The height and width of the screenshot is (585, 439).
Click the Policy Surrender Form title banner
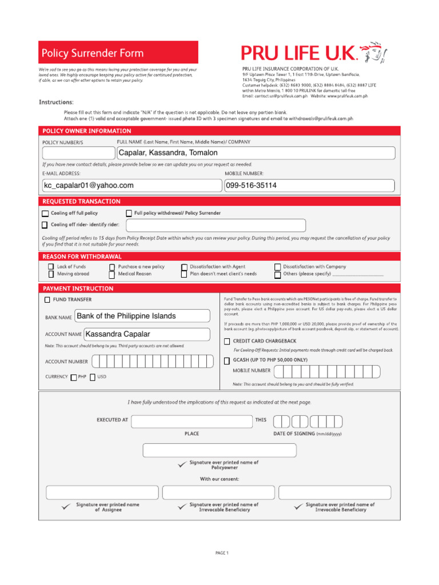118,53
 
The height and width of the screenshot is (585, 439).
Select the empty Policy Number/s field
78,153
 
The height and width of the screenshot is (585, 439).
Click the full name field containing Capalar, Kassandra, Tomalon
256,153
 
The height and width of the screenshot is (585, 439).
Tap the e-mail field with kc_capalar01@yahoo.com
131,186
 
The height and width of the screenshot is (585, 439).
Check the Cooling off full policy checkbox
45,214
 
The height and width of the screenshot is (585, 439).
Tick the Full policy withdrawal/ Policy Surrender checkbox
129,214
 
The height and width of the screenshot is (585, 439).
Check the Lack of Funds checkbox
51,267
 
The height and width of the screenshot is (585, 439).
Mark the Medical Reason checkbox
112,274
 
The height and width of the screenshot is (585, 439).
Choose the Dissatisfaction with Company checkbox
278,267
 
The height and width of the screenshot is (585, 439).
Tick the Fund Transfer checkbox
47,300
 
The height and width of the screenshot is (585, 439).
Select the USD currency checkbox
93,377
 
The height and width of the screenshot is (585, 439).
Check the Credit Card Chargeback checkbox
227,342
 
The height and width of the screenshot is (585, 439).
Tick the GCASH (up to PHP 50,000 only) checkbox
227,360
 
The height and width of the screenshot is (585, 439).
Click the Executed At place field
191,422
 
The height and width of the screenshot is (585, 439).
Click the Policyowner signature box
219,450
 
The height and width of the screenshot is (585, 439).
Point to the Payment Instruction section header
78,289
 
